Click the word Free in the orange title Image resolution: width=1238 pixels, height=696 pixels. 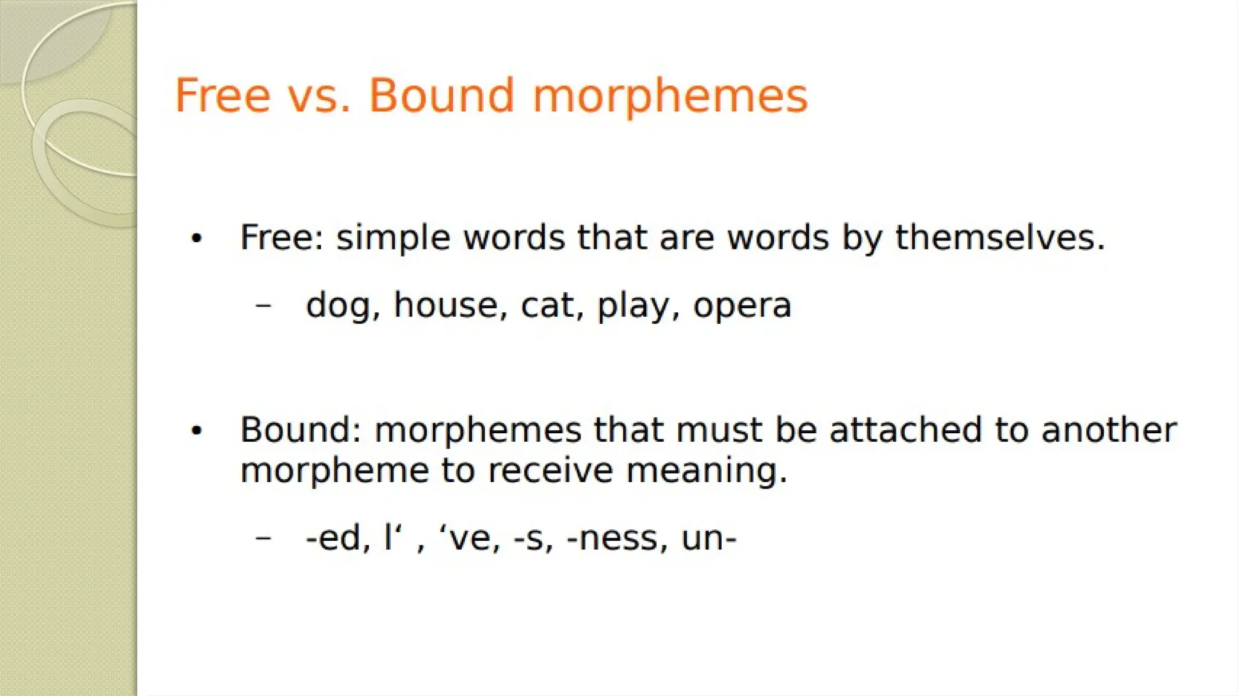222,95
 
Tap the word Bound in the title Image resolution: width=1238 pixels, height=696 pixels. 441,95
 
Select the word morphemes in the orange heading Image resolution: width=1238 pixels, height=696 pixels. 670,97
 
